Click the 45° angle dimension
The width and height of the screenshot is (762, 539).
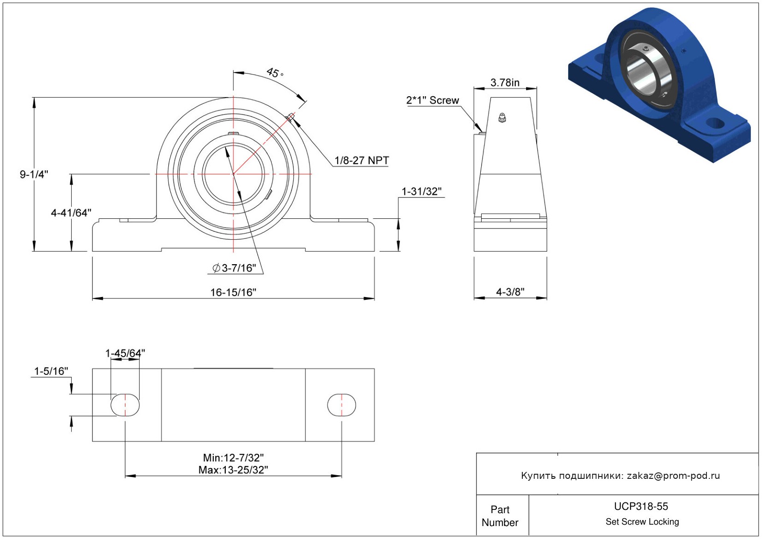[x=274, y=73]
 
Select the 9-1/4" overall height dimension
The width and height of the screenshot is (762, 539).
[x=34, y=174]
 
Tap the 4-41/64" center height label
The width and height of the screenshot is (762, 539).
[x=71, y=213]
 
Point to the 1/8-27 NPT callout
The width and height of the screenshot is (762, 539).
[x=362, y=160]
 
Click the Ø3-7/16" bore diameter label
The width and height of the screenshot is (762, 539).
[x=234, y=268]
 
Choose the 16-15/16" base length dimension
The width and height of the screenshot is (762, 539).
[x=233, y=292]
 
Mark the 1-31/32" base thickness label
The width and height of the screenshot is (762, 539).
[x=421, y=192]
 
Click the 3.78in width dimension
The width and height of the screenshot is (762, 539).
[x=505, y=83]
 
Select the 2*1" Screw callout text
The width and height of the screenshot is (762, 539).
[x=433, y=100]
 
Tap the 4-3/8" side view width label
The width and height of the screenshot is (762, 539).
[x=510, y=291]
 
